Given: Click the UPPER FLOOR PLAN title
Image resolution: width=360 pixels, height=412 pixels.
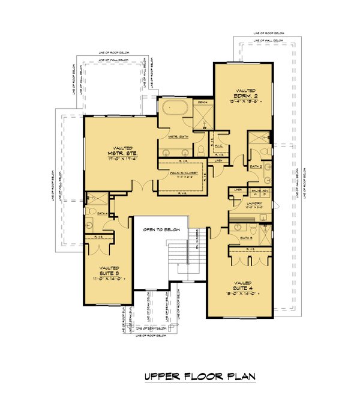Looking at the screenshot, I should pos(200,377).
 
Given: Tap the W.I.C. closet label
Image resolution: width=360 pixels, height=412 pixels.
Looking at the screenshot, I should pos(218,145).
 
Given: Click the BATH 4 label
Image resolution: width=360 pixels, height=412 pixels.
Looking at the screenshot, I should pos(101,213).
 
